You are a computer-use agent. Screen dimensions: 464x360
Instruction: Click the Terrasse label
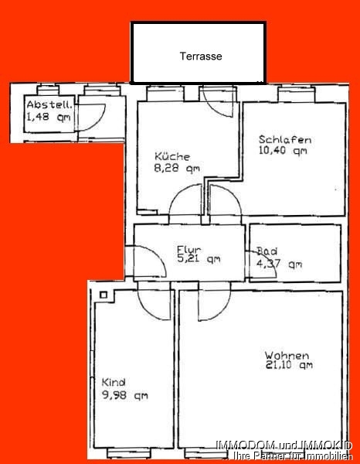[201, 56]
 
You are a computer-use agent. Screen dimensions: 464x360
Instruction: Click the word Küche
[172, 155]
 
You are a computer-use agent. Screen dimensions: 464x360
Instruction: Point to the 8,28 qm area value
[178, 167]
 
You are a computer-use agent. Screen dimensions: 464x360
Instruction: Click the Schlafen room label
[285, 140]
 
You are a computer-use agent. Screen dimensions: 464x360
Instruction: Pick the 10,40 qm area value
[283, 152]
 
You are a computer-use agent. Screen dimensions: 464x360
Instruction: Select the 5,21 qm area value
[199, 260]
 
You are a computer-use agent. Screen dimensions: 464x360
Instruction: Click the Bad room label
[268, 252]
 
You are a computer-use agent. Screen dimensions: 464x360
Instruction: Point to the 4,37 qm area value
[279, 264]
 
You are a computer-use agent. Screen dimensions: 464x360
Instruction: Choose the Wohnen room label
[287, 356]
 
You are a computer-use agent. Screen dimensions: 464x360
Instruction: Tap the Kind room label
[114, 382]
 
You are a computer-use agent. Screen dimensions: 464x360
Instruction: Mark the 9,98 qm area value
[124, 396]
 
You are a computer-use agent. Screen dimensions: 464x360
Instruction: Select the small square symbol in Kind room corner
[103, 295]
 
